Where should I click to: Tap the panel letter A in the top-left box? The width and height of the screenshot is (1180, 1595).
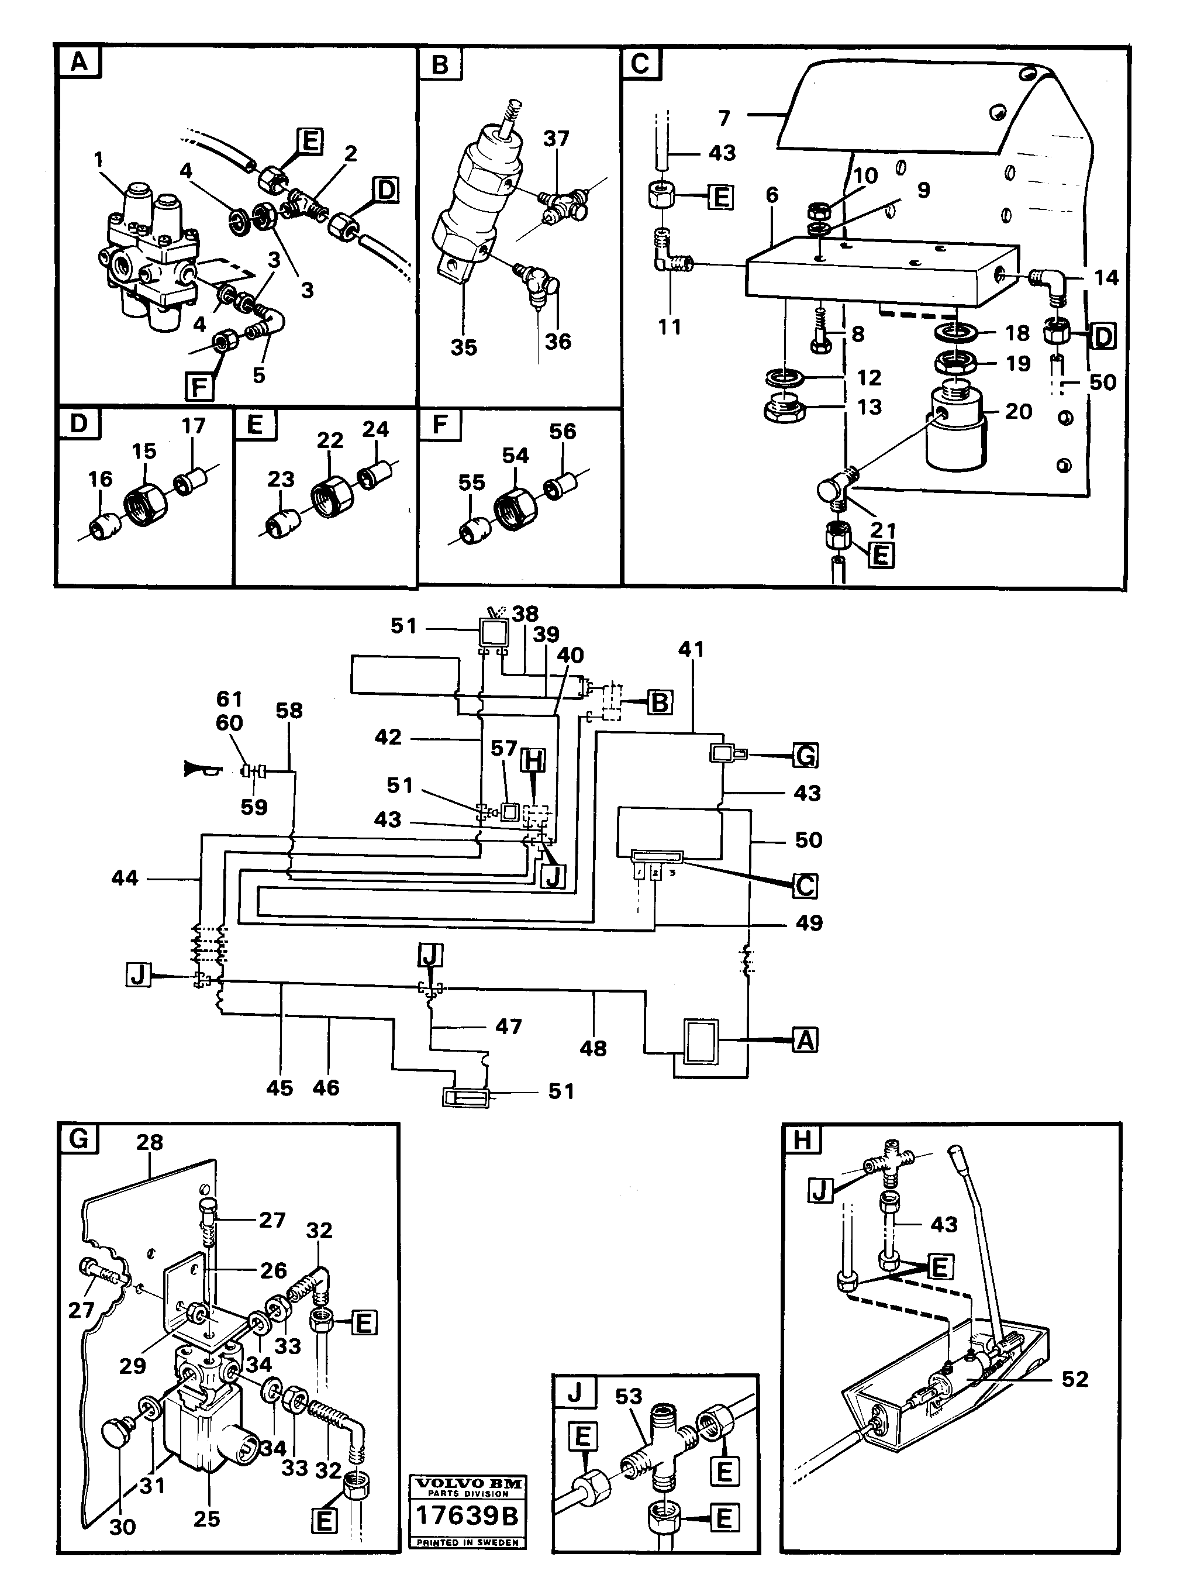(x=80, y=63)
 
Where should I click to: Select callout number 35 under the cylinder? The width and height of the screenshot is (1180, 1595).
(x=464, y=348)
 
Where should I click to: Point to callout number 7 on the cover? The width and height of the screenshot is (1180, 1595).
(x=725, y=117)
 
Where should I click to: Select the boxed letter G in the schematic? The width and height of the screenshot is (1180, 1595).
(x=806, y=755)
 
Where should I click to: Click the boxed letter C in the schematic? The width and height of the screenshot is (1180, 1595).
(x=805, y=886)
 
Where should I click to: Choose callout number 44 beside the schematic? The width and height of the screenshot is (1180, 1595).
(x=125, y=878)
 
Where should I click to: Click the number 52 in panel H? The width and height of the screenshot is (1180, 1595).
(x=1074, y=1379)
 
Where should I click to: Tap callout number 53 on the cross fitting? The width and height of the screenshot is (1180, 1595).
(x=629, y=1396)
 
